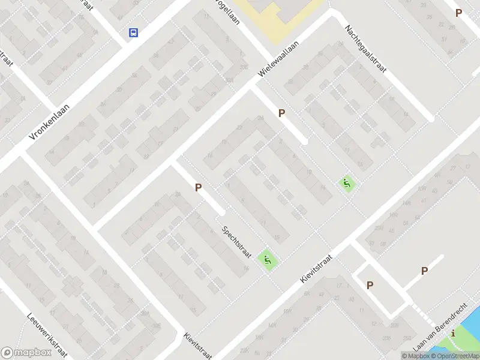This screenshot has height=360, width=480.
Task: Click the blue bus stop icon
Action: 133,32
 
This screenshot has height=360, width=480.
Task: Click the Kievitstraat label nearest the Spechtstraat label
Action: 316,268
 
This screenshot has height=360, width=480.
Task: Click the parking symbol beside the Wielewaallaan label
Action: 281,113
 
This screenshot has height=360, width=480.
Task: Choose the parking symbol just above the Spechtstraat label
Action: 198,187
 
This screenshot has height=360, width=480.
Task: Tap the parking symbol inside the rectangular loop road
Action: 370,285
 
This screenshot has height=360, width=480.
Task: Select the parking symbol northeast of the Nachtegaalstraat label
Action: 458,13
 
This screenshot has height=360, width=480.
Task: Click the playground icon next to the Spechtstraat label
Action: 268,260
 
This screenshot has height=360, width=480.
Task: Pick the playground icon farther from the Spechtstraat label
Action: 346,183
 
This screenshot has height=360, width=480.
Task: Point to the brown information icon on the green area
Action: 454,333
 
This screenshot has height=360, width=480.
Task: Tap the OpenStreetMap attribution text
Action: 451,356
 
